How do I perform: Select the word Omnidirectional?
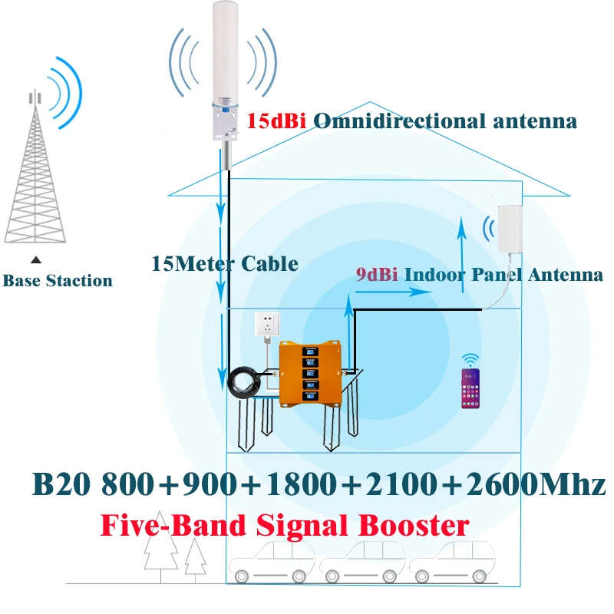click(x=399, y=121)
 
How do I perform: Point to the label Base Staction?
click(x=58, y=281)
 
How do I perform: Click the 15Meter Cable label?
click(x=225, y=264)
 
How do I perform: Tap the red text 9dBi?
click(x=376, y=275)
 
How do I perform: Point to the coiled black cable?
click(x=243, y=381)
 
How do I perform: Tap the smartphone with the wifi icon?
click(x=469, y=389)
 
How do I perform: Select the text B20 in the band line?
click(x=60, y=484)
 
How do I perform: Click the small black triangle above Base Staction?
click(x=35, y=260)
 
